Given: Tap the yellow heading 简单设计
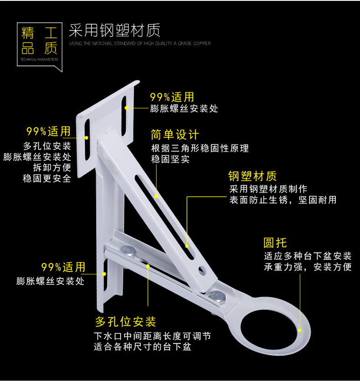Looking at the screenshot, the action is point(175,135).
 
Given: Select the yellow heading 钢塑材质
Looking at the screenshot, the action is point(252,176).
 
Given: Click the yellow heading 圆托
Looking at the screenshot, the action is point(275,243).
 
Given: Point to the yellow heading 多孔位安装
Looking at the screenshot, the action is point(126,322).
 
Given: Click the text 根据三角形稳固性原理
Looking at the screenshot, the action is point(200,149).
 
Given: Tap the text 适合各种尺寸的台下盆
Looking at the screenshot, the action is point(142,347).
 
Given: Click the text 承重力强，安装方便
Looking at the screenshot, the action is point(308,267).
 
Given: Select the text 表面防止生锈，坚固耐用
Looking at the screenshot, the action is point(283,200).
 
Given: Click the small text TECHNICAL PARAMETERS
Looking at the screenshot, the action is point(39,59).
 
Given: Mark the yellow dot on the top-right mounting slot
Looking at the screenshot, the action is point(126,108).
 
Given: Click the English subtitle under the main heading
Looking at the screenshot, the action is point(139,44).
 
